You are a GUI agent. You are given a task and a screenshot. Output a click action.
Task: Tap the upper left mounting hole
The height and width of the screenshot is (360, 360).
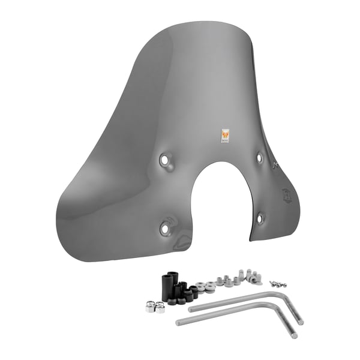click(x=164, y=160)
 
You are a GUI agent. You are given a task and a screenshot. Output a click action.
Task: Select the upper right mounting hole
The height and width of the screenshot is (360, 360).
click(x=259, y=157)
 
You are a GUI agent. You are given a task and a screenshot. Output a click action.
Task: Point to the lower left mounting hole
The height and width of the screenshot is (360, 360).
click(x=165, y=228)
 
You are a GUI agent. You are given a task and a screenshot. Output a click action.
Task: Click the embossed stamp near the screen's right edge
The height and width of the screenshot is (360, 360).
click(x=286, y=195)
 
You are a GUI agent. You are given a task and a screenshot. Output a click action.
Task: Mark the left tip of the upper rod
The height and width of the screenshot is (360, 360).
click(x=191, y=310)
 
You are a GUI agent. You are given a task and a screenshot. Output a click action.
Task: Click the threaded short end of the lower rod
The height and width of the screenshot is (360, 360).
click(x=294, y=335)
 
